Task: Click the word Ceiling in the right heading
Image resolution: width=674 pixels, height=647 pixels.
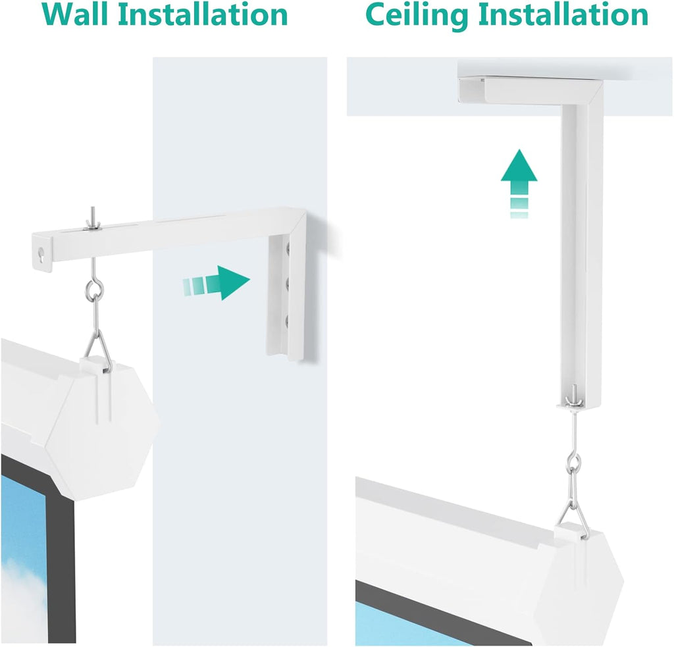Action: click(423, 14)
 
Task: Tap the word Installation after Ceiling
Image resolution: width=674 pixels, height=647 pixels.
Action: click(569, 14)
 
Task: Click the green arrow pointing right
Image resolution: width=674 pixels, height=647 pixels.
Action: click(217, 283)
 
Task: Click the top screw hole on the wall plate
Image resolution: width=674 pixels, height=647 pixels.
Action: click(287, 250)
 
